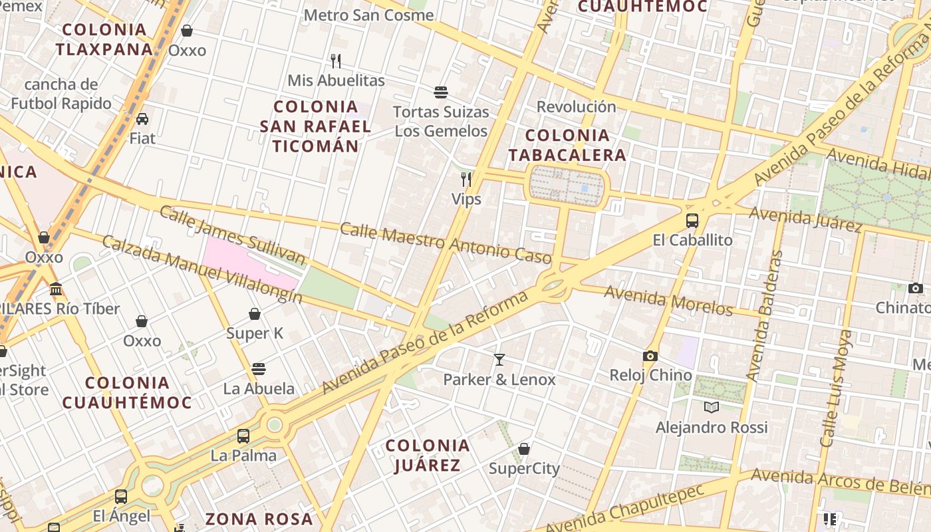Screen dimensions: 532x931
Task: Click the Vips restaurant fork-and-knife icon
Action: click(466, 179)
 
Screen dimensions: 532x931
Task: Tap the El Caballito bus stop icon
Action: click(692, 220)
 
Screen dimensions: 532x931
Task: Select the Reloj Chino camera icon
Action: click(650, 356)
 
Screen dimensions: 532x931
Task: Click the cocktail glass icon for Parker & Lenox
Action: click(499, 360)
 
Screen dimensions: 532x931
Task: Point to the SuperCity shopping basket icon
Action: click(524, 449)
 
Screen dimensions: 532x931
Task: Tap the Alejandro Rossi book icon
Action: click(712, 407)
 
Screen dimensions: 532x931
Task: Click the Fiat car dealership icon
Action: click(142, 119)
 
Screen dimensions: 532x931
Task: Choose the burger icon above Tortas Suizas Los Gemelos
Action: click(440, 92)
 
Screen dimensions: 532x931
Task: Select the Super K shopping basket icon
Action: click(255, 314)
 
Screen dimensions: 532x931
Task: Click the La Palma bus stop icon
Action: click(243, 436)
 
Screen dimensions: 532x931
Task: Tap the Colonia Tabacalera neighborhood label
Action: click(567, 145)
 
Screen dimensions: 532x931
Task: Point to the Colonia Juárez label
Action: click(428, 455)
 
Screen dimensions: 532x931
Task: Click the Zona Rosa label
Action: click(259, 519)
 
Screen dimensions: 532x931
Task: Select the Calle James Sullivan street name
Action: click(232, 236)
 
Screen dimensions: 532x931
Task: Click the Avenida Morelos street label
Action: click(668, 301)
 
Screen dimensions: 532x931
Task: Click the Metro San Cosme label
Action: click(368, 15)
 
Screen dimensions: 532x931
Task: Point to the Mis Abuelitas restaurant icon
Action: click(336, 61)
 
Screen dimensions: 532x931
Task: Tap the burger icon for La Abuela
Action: click(259, 368)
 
